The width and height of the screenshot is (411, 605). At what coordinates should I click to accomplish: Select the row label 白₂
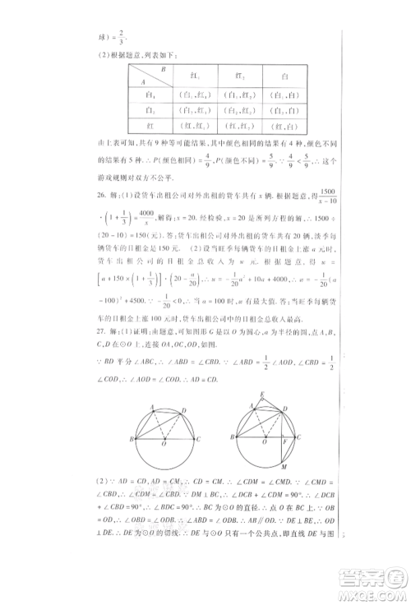(x=150, y=110)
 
